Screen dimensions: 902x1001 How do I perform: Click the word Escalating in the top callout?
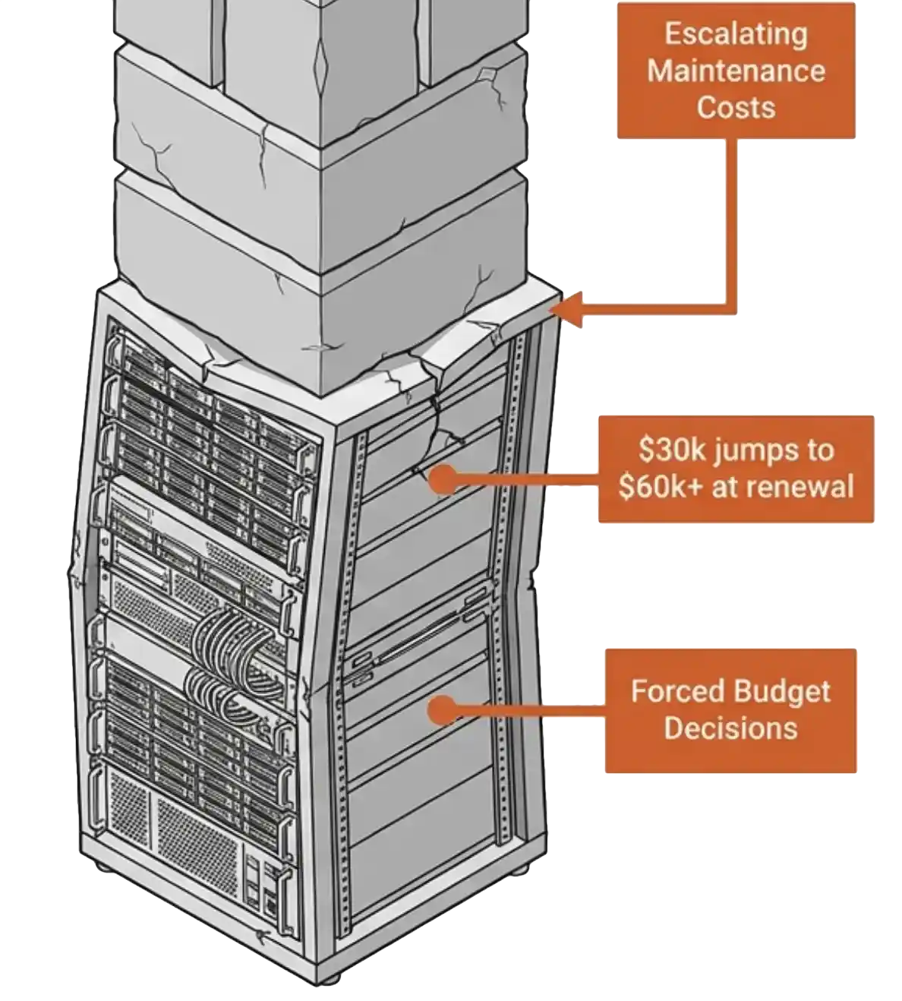(736, 35)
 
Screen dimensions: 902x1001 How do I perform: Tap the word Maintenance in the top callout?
(736, 71)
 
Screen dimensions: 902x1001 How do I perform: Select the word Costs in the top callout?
(736, 107)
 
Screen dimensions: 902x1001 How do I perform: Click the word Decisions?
(731, 728)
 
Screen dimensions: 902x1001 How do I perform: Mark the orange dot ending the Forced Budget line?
(442, 709)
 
